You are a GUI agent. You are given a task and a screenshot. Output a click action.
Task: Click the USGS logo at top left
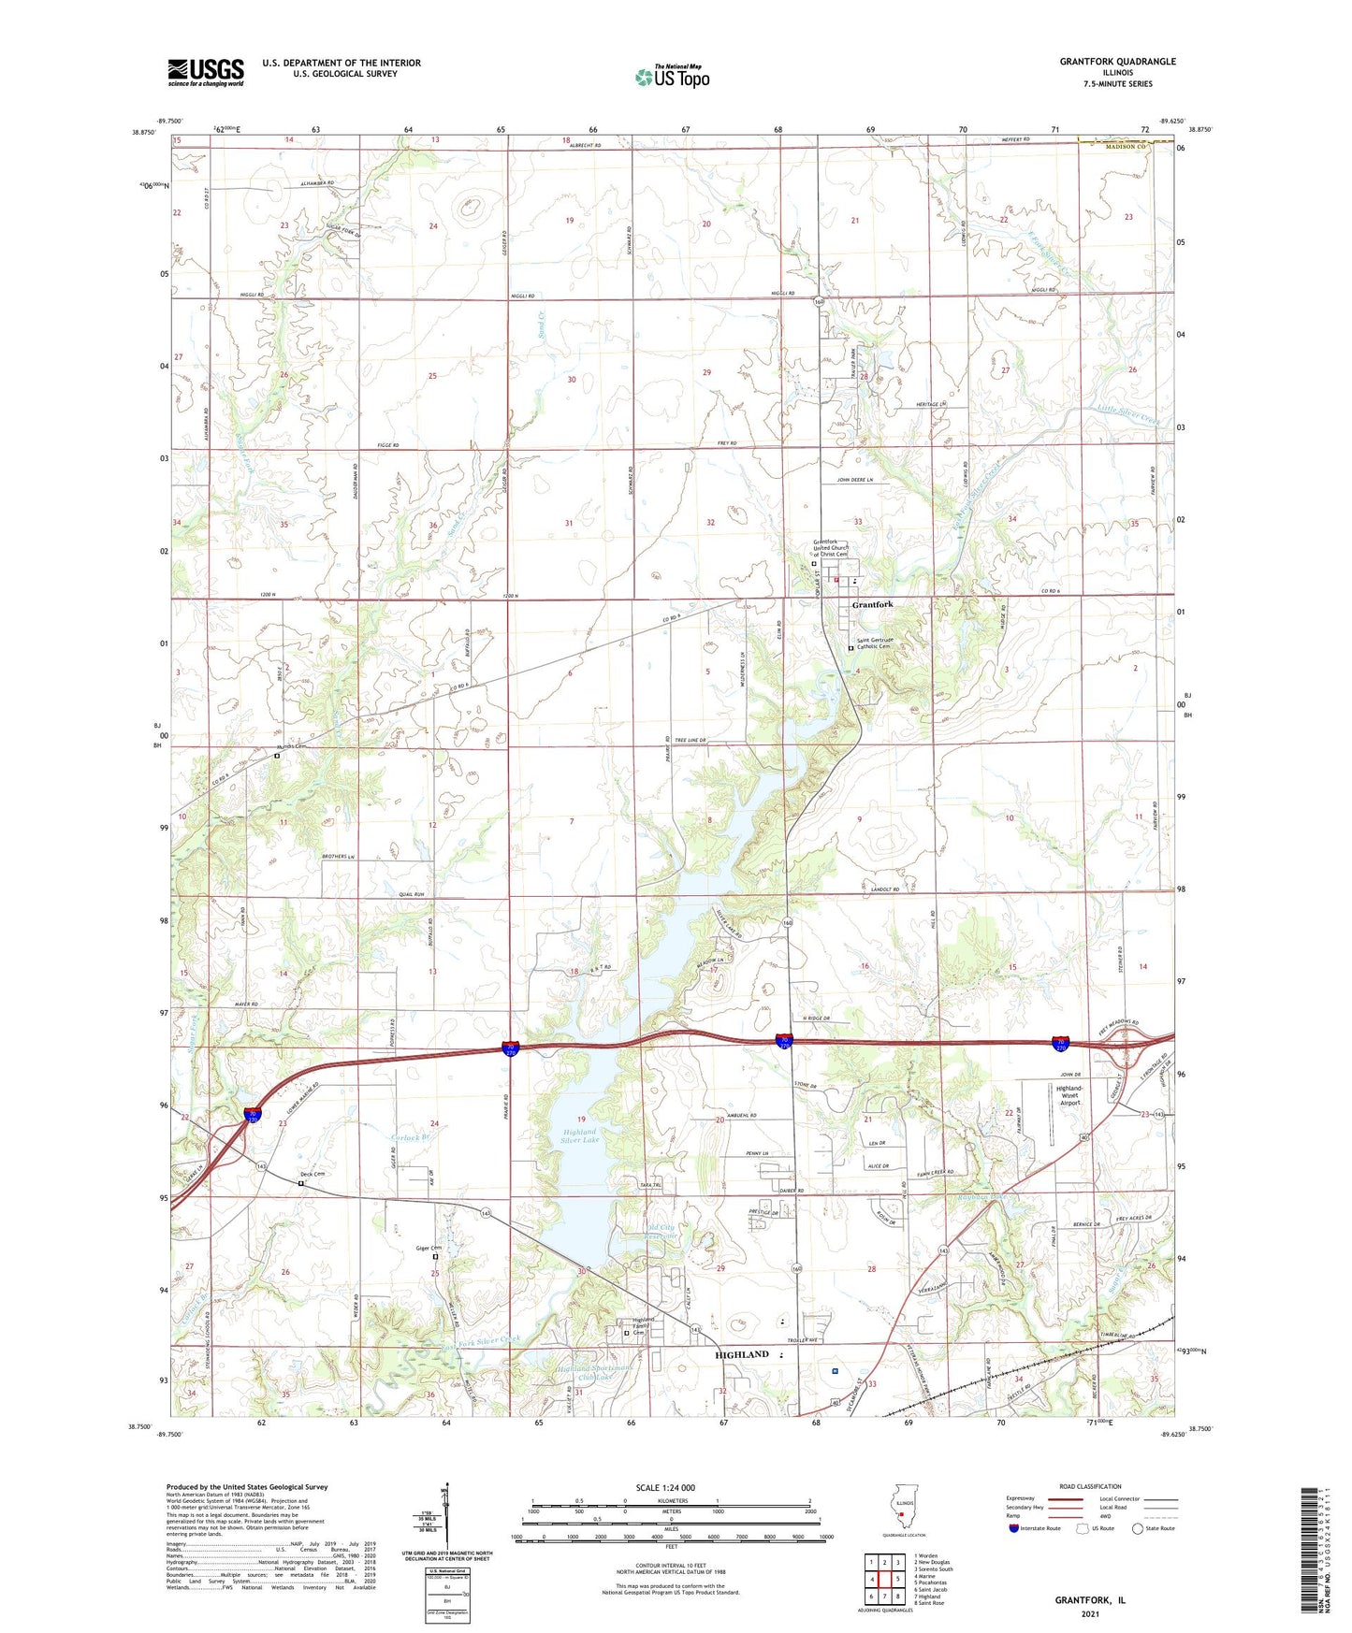point(206,72)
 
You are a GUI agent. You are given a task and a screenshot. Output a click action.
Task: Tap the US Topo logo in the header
point(672,76)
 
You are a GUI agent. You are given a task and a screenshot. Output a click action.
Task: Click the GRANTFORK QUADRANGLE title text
point(1117,62)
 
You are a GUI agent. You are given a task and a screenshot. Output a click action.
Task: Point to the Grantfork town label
point(872,605)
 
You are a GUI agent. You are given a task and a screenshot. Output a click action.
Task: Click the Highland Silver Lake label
point(579,1135)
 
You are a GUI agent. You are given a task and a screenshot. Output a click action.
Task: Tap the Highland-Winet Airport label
point(1069,1095)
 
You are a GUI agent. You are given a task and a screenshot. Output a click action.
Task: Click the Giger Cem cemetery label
point(429,1248)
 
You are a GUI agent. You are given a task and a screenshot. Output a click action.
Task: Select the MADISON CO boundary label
point(1125,146)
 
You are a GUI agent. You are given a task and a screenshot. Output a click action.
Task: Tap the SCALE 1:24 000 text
point(665,1487)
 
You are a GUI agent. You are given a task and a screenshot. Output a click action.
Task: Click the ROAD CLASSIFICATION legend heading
point(1090,1486)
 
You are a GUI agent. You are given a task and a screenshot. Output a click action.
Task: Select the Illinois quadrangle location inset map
point(900,1513)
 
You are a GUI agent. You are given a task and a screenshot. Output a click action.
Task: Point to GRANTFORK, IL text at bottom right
point(1090,1599)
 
